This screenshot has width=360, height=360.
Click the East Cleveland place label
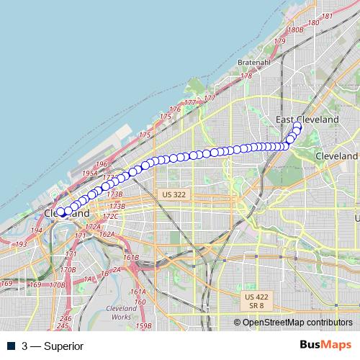307,119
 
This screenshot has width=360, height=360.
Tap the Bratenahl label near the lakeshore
253,63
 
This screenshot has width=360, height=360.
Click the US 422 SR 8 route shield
256,300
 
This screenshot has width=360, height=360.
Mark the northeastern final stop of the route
297,125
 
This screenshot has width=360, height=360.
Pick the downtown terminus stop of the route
62,212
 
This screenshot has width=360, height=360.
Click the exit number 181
328,16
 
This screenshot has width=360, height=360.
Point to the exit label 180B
294,30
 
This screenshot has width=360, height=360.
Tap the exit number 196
101,164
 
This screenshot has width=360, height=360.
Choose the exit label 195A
90,174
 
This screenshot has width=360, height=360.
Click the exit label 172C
109,216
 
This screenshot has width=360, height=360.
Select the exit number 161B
131,258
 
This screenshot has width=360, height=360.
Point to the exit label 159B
144,326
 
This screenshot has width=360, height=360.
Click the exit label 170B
68,270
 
